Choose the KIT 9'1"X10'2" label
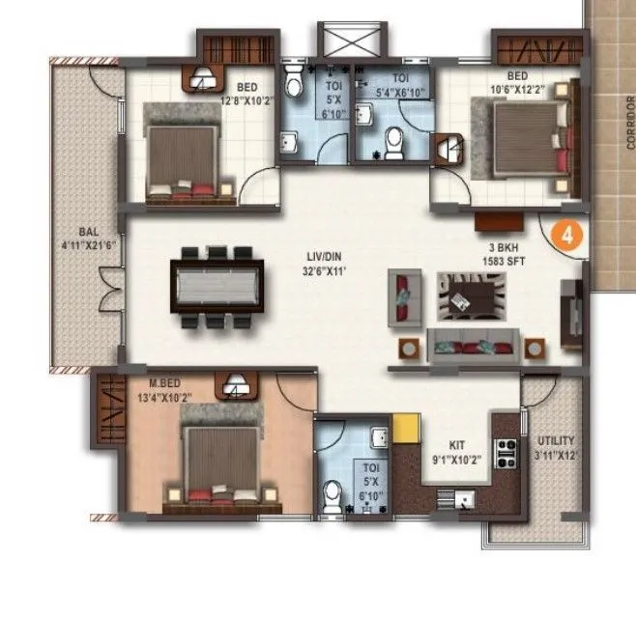[453, 454]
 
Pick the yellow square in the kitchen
[404, 427]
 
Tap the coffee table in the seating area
[471, 294]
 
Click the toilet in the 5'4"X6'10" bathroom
[392, 144]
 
